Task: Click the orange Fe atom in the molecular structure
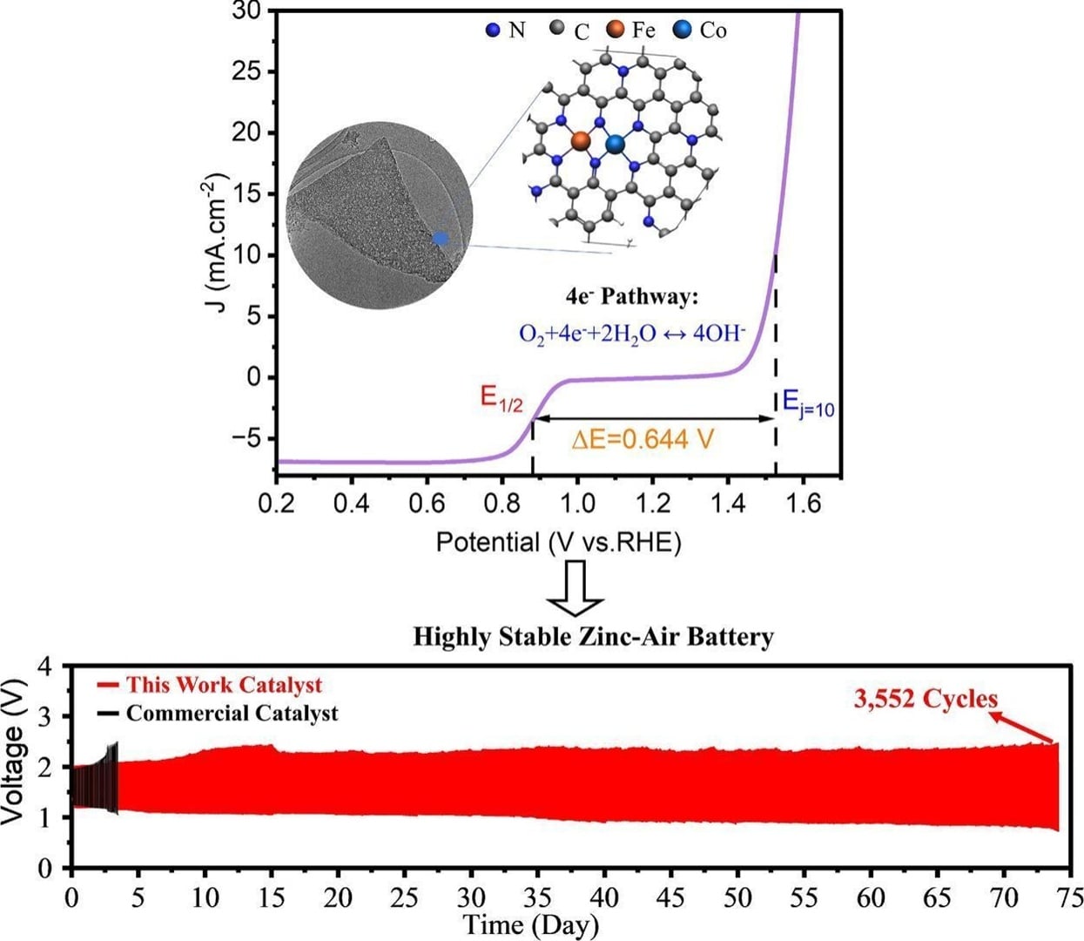coord(581,139)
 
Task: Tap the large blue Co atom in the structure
coord(616,145)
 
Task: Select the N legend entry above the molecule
coord(506,30)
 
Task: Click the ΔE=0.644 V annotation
coord(643,440)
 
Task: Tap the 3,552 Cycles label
coord(925,699)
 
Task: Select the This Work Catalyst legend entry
coord(223,685)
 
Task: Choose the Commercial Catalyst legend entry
coord(231,714)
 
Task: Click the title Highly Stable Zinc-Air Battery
coord(593,637)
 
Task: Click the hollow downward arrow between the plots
coord(575,589)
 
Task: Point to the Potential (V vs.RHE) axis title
coord(558,543)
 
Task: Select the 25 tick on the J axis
coord(247,71)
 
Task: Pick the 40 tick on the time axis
coord(604,897)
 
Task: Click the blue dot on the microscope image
coord(441,238)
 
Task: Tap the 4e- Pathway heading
coord(631,297)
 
